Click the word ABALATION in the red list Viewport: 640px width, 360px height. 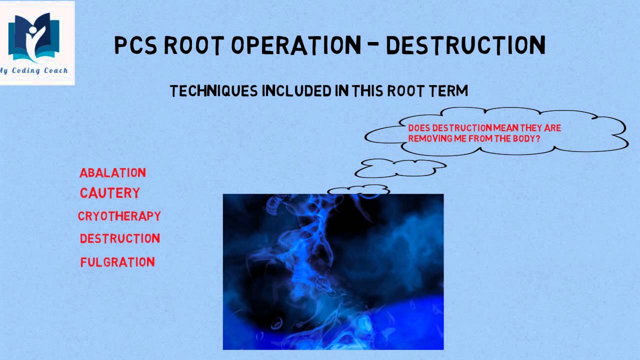pos(112,173)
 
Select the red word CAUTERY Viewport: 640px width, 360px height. pos(109,193)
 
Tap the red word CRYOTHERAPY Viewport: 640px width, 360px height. pos(119,216)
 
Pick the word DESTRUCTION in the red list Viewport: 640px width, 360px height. pos(119,238)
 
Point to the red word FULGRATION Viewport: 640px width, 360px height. pos(117,262)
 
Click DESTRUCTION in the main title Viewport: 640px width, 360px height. pos(465,45)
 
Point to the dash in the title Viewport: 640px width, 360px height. pos(373,45)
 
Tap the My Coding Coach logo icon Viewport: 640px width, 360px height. pos(36,38)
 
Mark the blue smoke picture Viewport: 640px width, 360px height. pos(333,271)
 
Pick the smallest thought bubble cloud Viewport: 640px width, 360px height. pos(358,190)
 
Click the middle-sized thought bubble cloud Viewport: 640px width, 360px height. pos(400,168)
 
